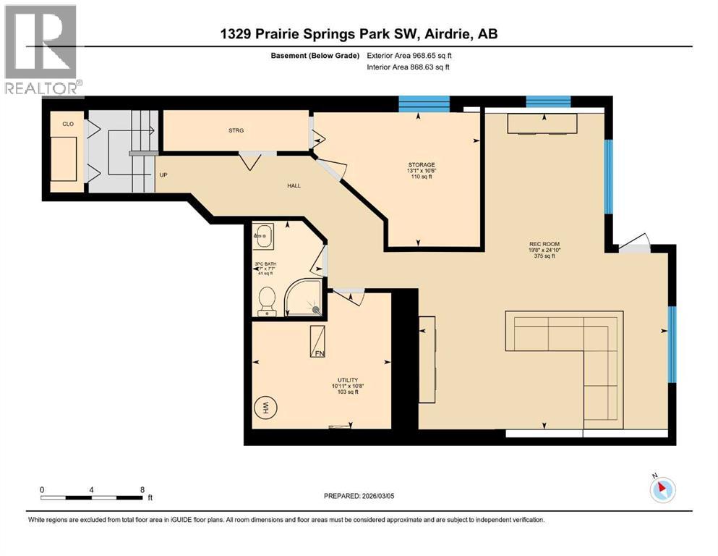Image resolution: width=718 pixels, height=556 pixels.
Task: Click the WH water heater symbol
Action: [265, 406]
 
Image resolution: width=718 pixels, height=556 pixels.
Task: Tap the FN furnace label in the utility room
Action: [319, 353]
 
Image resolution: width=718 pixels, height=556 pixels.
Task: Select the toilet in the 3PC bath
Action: [267, 300]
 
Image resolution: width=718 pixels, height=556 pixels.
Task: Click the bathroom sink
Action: [265, 234]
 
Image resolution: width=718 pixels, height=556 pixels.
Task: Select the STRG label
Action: [236, 130]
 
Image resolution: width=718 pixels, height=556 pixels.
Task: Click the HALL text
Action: [293, 185]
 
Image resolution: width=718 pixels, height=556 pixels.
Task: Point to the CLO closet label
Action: [68, 124]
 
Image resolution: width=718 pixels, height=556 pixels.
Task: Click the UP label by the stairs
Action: [164, 174]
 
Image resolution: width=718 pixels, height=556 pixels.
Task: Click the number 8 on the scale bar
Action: [142, 489]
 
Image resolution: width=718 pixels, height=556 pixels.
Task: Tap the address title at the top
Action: [359, 33]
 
